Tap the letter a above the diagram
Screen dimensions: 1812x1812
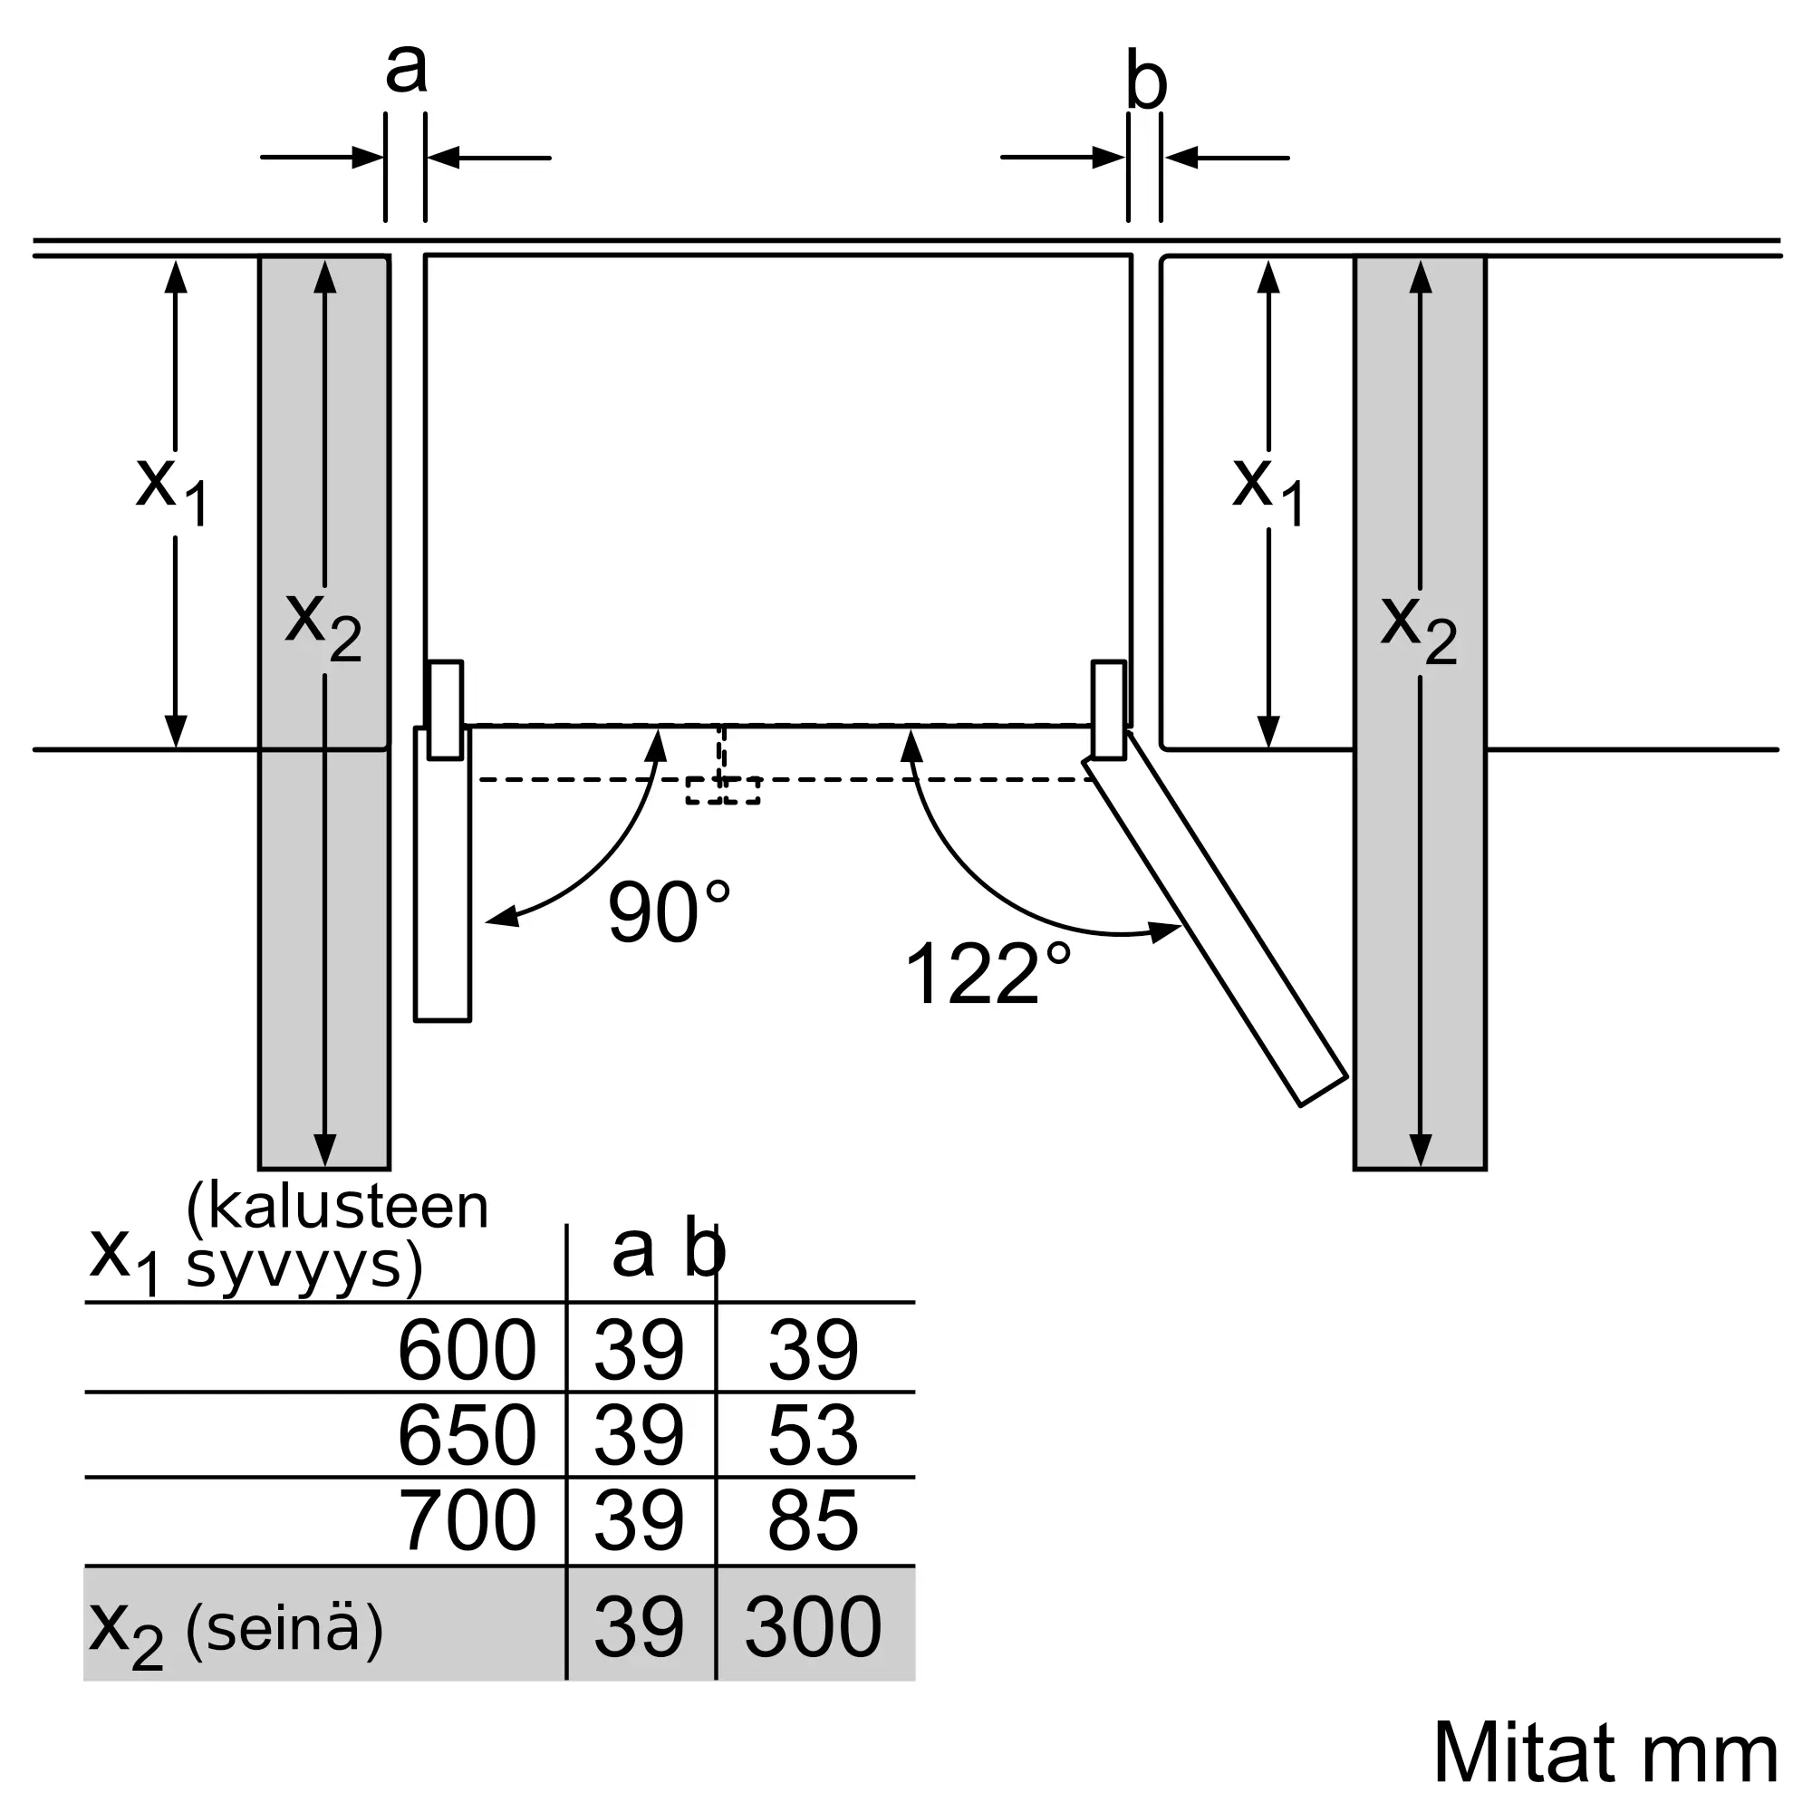point(406,68)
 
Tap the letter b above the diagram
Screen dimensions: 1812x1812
point(1145,82)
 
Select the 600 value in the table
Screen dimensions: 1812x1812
point(466,1351)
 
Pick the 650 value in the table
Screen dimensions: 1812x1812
point(466,1435)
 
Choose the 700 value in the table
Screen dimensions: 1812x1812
point(466,1520)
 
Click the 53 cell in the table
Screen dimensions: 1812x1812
point(812,1435)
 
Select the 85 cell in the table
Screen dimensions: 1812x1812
point(812,1520)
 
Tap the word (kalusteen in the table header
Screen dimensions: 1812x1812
point(338,1207)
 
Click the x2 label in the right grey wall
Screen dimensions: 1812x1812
point(1418,629)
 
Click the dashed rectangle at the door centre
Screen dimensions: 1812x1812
point(722,790)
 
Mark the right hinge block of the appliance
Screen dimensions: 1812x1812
point(1109,709)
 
